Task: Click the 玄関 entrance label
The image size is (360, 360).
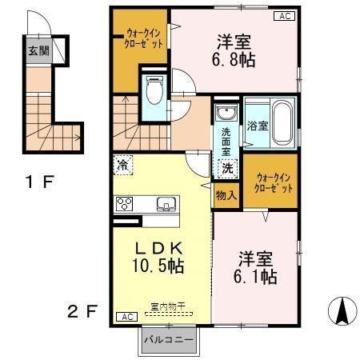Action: tap(38, 50)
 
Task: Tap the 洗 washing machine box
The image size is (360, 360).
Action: tap(228, 168)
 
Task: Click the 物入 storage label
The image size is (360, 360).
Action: tap(226, 194)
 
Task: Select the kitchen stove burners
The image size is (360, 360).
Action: tap(124, 203)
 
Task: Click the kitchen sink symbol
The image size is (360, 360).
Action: tap(166, 203)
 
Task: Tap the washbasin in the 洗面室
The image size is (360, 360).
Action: tap(226, 111)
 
